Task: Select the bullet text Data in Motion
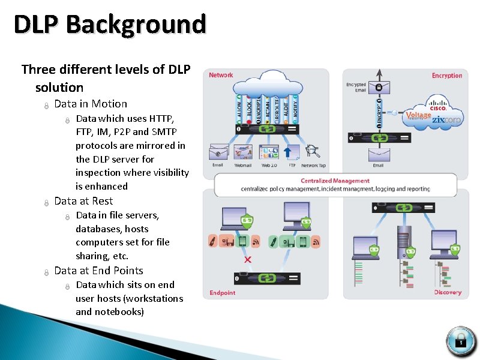91,104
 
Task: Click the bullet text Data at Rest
83,201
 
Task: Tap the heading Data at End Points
98,271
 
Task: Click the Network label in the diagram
221,75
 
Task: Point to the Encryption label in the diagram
447,76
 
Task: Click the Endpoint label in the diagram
222,293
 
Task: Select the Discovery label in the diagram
448,292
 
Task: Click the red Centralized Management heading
335,181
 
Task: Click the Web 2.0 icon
269,152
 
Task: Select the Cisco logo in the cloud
438,107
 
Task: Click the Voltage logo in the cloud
418,116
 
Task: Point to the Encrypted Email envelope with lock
379,87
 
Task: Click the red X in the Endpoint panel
248,259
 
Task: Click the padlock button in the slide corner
461,341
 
